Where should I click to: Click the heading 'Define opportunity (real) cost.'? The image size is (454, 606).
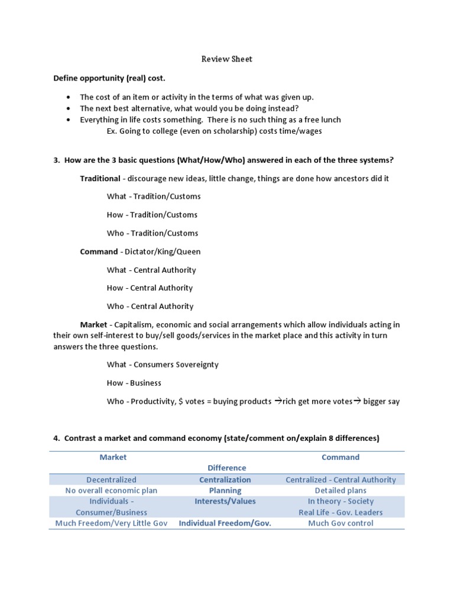pyautogui.click(x=109, y=78)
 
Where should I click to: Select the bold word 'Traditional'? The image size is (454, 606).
pyautogui.click(x=100, y=178)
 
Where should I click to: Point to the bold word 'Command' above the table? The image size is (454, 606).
pyautogui.click(x=99, y=252)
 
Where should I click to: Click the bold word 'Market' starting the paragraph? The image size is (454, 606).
pyautogui.click(x=94, y=325)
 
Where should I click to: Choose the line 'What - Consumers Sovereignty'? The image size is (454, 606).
pyautogui.click(x=163, y=365)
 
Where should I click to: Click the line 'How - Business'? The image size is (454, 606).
pyautogui.click(x=134, y=383)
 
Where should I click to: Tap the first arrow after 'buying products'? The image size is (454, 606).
pyautogui.click(x=278, y=401)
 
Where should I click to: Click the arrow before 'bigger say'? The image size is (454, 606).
pyautogui.click(x=357, y=401)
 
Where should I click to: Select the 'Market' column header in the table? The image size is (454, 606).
pyautogui.click(x=113, y=457)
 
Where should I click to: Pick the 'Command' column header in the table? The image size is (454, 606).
pyautogui.click(x=340, y=457)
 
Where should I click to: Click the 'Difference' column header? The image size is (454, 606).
pyautogui.click(x=226, y=468)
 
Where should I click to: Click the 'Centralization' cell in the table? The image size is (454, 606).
pyautogui.click(x=225, y=480)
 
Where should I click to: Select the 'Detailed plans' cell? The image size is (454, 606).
pyautogui.click(x=340, y=491)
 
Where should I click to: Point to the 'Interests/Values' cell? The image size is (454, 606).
pyautogui.click(x=225, y=501)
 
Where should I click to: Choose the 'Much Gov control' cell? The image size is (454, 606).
pyautogui.click(x=340, y=523)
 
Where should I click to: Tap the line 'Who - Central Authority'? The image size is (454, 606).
pyautogui.click(x=150, y=307)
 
